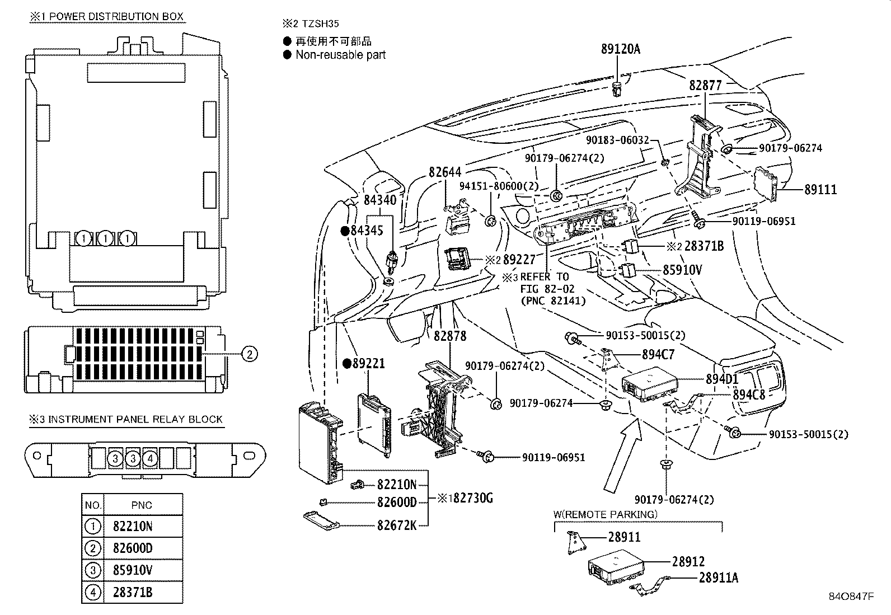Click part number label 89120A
[621, 49]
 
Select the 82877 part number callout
[705, 85]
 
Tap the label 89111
[820, 189]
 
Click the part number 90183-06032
[617, 140]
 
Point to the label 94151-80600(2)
[499, 186]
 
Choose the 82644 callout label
[445, 172]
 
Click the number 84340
[380, 200]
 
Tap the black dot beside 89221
[347, 363]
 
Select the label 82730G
[473, 497]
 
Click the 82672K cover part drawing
[321, 521]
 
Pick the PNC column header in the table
[142, 505]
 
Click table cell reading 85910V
[133, 570]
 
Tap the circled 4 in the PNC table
[93, 592]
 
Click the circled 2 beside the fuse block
[250, 354]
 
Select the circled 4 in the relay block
[150, 459]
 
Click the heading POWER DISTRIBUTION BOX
[116, 17]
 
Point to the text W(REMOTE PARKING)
[606, 514]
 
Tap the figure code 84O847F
[851, 596]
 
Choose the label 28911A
[719, 578]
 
